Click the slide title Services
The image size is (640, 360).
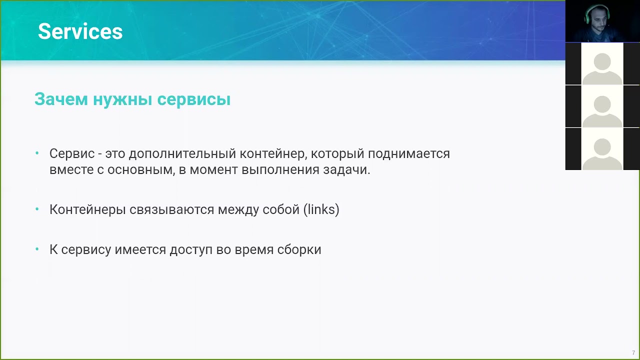(x=80, y=31)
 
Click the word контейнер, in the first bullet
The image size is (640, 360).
(x=272, y=153)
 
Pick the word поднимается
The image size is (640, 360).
(x=408, y=153)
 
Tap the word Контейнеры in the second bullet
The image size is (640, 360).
(x=87, y=209)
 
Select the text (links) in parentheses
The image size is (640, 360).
(x=321, y=209)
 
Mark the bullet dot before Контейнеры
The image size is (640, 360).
(x=37, y=209)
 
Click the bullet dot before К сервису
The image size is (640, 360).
(x=37, y=249)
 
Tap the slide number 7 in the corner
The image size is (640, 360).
(x=633, y=352)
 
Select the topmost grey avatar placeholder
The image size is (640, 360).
(x=602, y=64)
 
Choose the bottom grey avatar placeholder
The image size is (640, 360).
(x=602, y=149)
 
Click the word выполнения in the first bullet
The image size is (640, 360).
(x=273, y=169)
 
